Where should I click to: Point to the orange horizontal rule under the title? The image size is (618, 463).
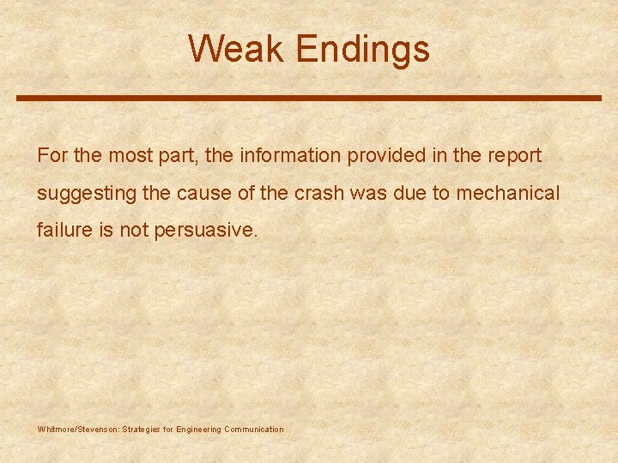coord(309,99)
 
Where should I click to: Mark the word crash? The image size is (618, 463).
coord(319,194)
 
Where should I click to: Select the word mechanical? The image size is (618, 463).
coord(507,194)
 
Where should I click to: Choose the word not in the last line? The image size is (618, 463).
coord(134,231)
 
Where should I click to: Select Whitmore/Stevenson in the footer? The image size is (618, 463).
coord(78,429)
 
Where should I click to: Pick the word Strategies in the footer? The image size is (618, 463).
coord(141,429)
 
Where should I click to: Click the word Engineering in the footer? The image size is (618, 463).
coord(198,429)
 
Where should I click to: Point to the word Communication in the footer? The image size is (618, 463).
coord(253,429)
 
